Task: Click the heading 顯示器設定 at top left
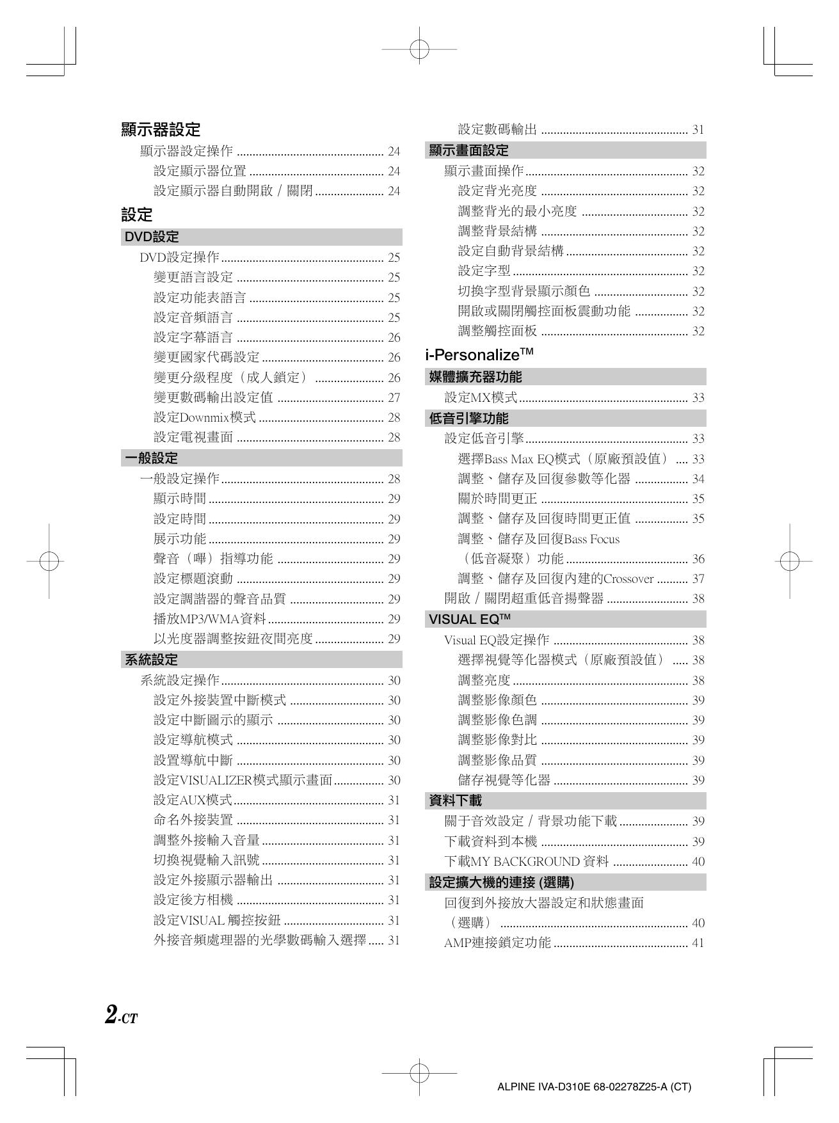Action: click(x=161, y=130)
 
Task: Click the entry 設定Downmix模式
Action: click(x=205, y=418)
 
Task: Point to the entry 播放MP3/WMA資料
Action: click(x=210, y=619)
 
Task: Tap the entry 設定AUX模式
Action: click(x=193, y=800)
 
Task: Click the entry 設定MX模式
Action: click(x=481, y=397)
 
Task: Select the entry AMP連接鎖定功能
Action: click(x=497, y=943)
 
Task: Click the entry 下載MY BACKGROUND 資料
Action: click(x=526, y=861)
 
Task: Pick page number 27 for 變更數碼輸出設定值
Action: click(x=394, y=397)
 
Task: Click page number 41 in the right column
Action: click(x=698, y=943)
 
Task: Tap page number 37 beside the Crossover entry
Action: click(x=698, y=579)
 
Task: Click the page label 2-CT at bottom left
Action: click(x=121, y=1015)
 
